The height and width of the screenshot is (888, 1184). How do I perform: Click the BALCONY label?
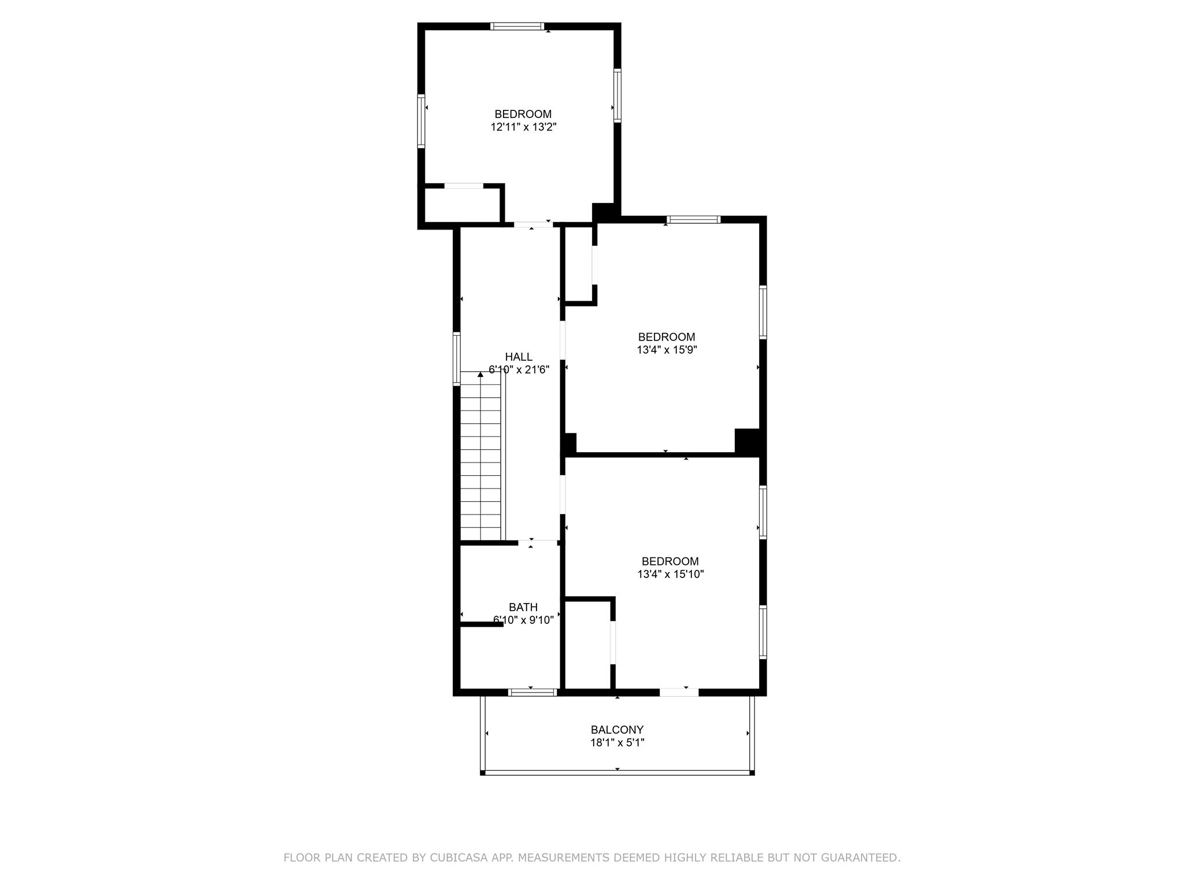coord(617,730)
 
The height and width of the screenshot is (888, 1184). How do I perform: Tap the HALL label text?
coord(519,357)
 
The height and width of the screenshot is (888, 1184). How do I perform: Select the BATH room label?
coord(523,607)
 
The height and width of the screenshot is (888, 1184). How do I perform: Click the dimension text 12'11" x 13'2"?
coord(523,127)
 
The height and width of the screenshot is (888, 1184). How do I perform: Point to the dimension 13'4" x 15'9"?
coord(667,350)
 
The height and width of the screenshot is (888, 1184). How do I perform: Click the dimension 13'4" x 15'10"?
coord(670,574)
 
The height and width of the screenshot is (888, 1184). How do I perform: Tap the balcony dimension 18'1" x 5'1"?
coord(617,743)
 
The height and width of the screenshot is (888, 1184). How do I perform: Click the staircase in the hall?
coord(480,457)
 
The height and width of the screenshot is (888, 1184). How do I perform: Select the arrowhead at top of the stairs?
coord(480,375)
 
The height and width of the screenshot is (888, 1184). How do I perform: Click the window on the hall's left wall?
coord(457,358)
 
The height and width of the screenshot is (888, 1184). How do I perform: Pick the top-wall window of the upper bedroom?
coord(517,26)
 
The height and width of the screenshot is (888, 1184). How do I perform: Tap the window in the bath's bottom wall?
coord(532,692)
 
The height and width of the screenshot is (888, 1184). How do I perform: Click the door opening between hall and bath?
coord(537,543)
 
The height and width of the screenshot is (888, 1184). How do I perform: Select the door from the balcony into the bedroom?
coord(679,692)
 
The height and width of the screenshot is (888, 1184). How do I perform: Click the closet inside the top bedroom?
coord(462,204)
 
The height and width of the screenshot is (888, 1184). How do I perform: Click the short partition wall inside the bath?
coord(482,624)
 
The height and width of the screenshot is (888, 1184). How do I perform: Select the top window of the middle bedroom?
coord(693,220)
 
